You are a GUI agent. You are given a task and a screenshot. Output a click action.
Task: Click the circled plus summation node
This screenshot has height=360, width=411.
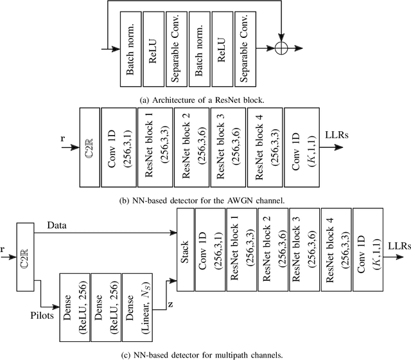point(281,48)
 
